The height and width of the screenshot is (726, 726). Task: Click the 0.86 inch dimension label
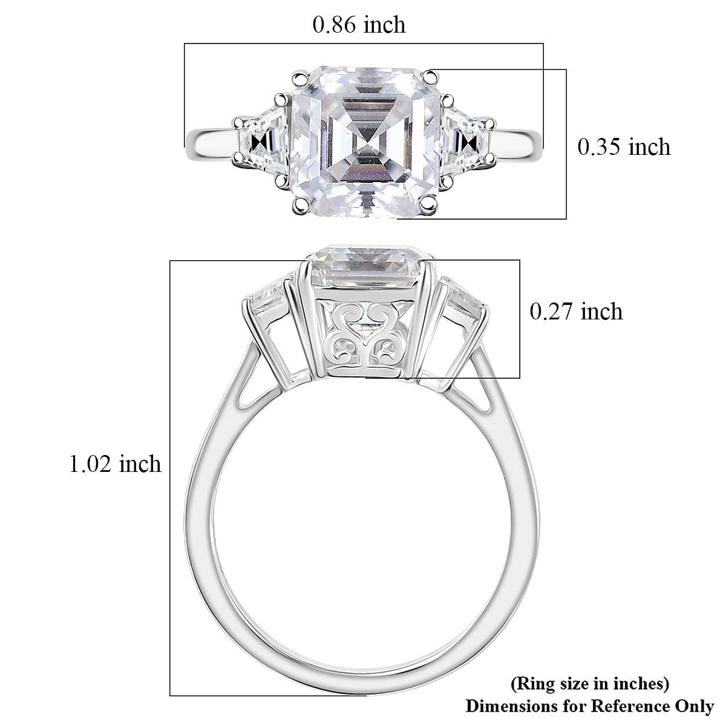359,25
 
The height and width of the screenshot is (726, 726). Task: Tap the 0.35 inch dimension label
624,147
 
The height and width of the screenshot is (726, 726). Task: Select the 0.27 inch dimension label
576,312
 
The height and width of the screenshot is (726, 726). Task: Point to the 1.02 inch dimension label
116,464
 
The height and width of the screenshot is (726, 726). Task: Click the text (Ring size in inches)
590,684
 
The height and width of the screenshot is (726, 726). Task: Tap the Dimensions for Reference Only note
589,705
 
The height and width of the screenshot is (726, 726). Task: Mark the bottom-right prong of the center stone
430,207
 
